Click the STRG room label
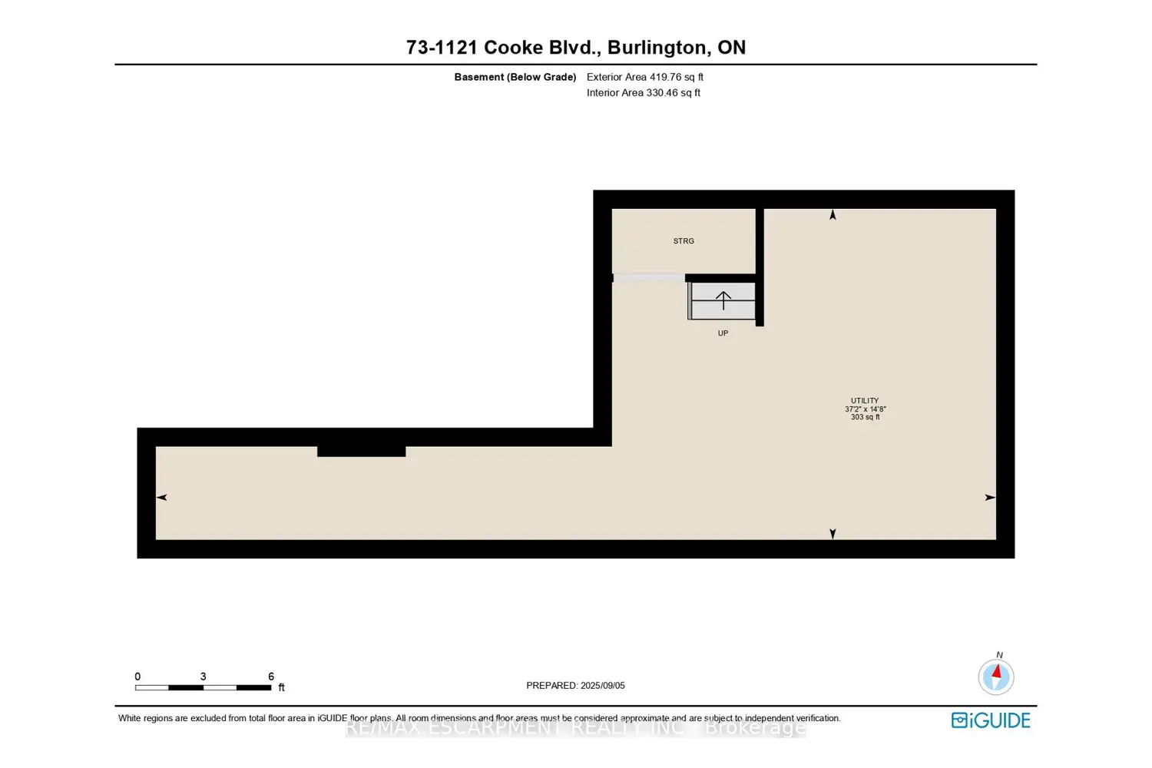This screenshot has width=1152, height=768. (684, 241)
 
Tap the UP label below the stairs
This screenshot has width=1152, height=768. (723, 333)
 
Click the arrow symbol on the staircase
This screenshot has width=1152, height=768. (723, 300)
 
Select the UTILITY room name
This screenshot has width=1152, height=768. (865, 401)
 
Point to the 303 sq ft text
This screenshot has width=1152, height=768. (865, 417)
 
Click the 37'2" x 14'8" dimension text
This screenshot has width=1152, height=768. (865, 409)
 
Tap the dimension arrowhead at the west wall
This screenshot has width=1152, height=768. (162, 498)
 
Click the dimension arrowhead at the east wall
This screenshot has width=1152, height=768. (990, 498)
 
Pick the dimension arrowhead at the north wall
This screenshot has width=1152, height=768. (833, 216)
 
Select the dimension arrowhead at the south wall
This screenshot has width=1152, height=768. (833, 533)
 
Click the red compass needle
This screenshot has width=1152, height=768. (997, 672)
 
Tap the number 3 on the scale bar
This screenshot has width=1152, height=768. (203, 677)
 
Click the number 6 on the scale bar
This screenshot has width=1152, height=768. (271, 677)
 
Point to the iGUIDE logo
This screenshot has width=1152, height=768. (991, 720)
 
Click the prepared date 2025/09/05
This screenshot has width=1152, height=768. (603, 686)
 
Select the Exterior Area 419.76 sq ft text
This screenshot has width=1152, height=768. (645, 77)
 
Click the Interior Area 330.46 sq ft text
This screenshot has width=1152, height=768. (644, 93)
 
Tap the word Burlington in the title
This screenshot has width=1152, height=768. (657, 48)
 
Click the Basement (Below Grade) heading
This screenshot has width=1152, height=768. (515, 77)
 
